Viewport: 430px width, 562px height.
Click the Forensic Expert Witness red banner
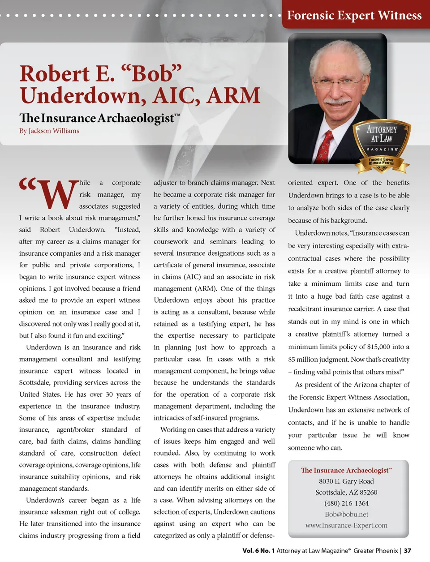(x=354, y=15)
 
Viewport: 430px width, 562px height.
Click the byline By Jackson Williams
(x=49, y=131)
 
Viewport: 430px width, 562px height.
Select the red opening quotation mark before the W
(x=28, y=184)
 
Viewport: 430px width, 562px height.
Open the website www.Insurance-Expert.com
(x=346, y=525)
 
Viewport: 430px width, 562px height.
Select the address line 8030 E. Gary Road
(x=346, y=481)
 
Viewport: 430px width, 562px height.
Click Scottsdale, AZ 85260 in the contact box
(x=346, y=492)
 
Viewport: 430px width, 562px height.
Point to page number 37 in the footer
(x=407, y=551)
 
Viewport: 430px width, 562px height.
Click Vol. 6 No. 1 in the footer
(x=258, y=551)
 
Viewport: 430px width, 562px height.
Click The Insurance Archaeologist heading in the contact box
(x=345, y=470)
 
